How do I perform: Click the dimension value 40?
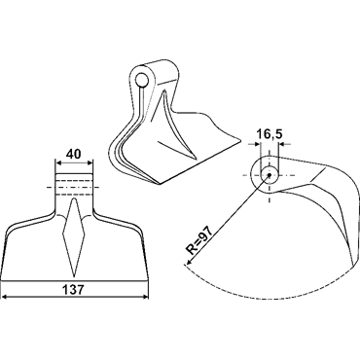(74, 154)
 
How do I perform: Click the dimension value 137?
(74, 289)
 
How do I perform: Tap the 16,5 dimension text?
(270, 133)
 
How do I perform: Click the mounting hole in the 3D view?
(141, 80)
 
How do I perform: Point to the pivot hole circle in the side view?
(270, 175)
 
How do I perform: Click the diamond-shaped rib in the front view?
(74, 237)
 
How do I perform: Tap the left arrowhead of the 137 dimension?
(5, 297)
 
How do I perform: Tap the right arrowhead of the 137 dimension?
(145, 297)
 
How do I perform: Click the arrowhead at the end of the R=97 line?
(189, 263)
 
